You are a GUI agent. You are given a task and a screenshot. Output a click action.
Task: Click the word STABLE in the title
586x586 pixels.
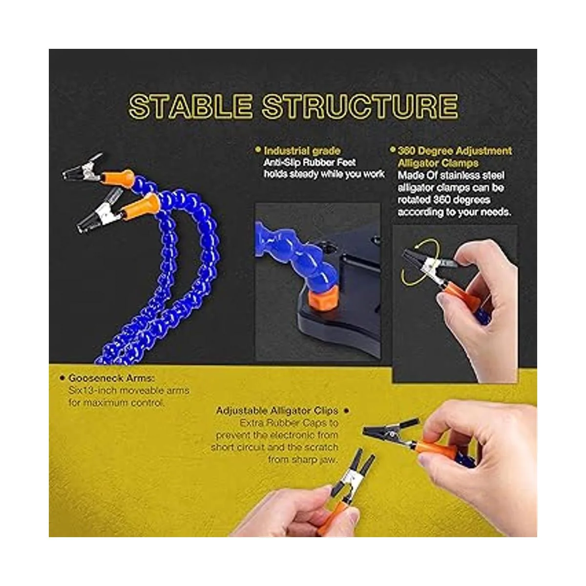[x=190, y=106]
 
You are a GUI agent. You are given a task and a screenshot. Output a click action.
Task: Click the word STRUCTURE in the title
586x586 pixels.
[x=360, y=106]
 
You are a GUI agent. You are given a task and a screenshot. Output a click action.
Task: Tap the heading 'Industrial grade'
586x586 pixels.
[x=302, y=150]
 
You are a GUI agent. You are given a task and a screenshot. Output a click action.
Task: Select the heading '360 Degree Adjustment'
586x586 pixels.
[x=455, y=151]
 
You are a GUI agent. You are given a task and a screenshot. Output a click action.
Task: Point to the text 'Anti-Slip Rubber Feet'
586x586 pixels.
[x=309, y=163]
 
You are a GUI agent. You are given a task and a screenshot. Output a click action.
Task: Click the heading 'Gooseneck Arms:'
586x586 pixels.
[x=112, y=378]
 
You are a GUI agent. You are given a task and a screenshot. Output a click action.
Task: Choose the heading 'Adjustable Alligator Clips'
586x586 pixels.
[x=277, y=411]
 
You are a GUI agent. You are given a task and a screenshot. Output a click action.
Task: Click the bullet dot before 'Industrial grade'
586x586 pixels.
[x=258, y=149]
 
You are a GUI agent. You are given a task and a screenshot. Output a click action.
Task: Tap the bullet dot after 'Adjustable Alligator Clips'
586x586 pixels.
[x=346, y=411]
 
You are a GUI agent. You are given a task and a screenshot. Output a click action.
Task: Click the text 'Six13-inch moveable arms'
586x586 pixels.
[x=129, y=391]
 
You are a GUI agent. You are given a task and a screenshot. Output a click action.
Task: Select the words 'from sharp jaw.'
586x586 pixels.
[x=303, y=459]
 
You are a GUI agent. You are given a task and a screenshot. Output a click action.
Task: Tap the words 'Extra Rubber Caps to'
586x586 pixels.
[x=289, y=423]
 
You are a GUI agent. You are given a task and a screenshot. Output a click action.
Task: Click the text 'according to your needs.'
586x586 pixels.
[x=454, y=212]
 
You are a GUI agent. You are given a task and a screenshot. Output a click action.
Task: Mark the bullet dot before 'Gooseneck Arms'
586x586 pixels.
[x=63, y=378]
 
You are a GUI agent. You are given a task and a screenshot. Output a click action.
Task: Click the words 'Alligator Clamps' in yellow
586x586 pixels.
[x=438, y=163]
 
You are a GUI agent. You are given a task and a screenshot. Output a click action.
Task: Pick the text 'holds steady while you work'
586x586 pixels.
[x=324, y=174]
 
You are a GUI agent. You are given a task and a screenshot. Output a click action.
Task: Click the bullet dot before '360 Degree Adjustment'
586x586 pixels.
[x=393, y=149]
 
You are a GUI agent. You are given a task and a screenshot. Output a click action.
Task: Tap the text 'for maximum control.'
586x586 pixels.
[x=117, y=403]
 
